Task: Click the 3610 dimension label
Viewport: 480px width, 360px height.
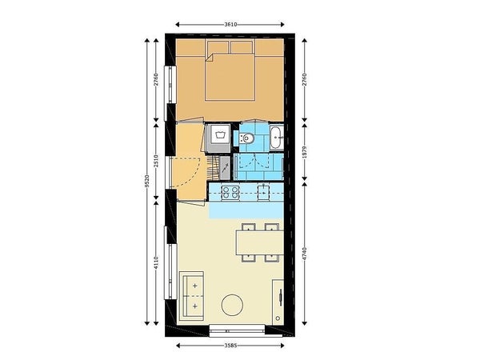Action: pos(230,25)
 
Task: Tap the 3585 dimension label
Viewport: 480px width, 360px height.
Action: pos(230,346)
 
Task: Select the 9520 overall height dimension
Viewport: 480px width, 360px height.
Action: pos(147,181)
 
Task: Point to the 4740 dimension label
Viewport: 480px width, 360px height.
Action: pos(304,254)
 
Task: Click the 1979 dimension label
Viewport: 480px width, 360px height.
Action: pos(304,152)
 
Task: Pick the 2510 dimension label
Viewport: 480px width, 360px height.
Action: pos(156,161)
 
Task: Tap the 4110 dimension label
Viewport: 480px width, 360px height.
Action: pos(156,262)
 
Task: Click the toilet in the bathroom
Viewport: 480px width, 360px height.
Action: pos(246,138)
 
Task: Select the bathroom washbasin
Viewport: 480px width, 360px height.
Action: pos(277,137)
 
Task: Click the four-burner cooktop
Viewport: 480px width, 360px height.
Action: pos(230,193)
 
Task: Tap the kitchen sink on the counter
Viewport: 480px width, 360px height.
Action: pos(263,192)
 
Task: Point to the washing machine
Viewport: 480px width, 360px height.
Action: pos(218,138)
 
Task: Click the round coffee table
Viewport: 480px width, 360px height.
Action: pos(232,305)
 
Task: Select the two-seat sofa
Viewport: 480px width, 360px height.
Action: pos(191,296)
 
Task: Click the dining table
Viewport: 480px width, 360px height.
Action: pos(259,242)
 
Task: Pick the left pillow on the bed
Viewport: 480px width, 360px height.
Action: pos(218,47)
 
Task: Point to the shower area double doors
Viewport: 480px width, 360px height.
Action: pos(254,161)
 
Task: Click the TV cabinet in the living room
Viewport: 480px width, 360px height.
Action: pos(278,302)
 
